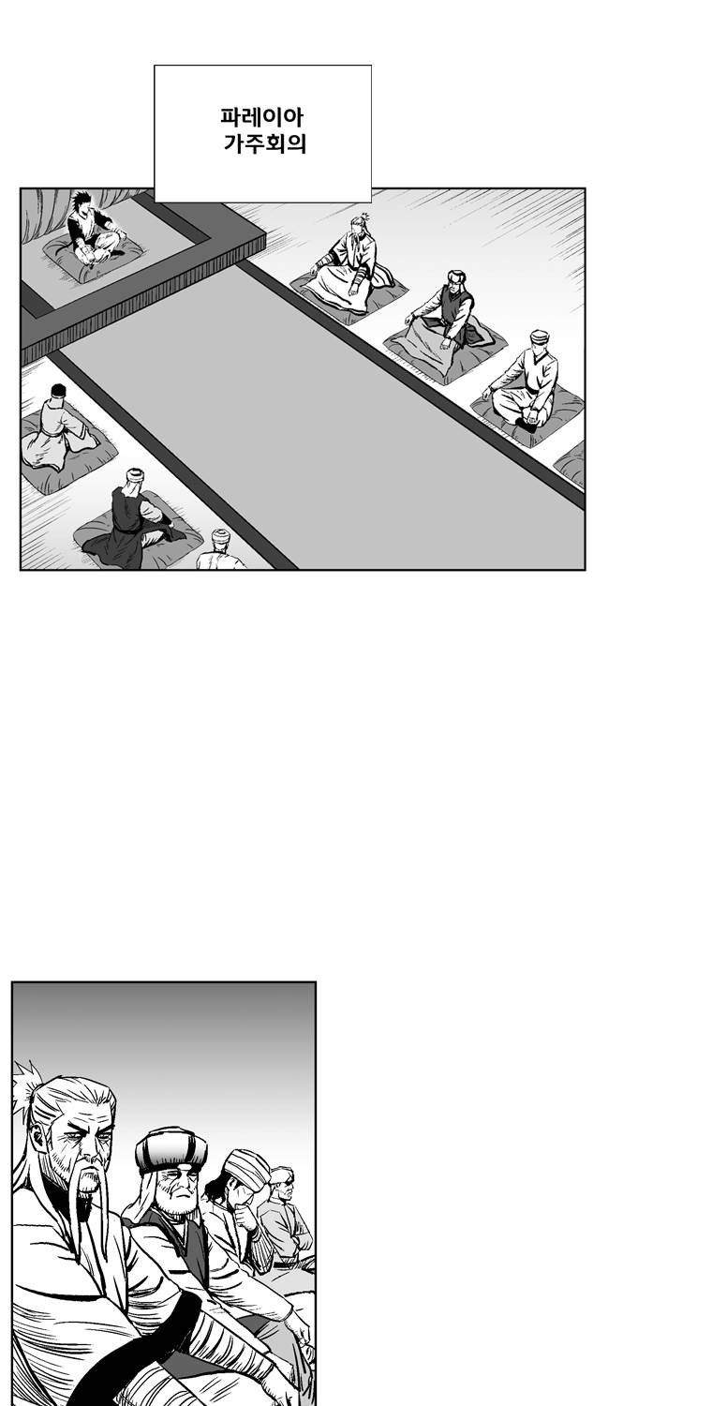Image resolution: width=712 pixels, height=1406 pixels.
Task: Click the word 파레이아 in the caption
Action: point(262,117)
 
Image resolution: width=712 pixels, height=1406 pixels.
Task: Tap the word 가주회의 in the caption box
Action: point(265,143)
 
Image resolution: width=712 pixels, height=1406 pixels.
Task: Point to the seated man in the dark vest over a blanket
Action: point(447,312)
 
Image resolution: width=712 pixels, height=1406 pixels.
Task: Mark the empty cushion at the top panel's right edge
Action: point(571,465)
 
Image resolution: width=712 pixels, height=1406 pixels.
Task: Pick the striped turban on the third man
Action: point(248,1169)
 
